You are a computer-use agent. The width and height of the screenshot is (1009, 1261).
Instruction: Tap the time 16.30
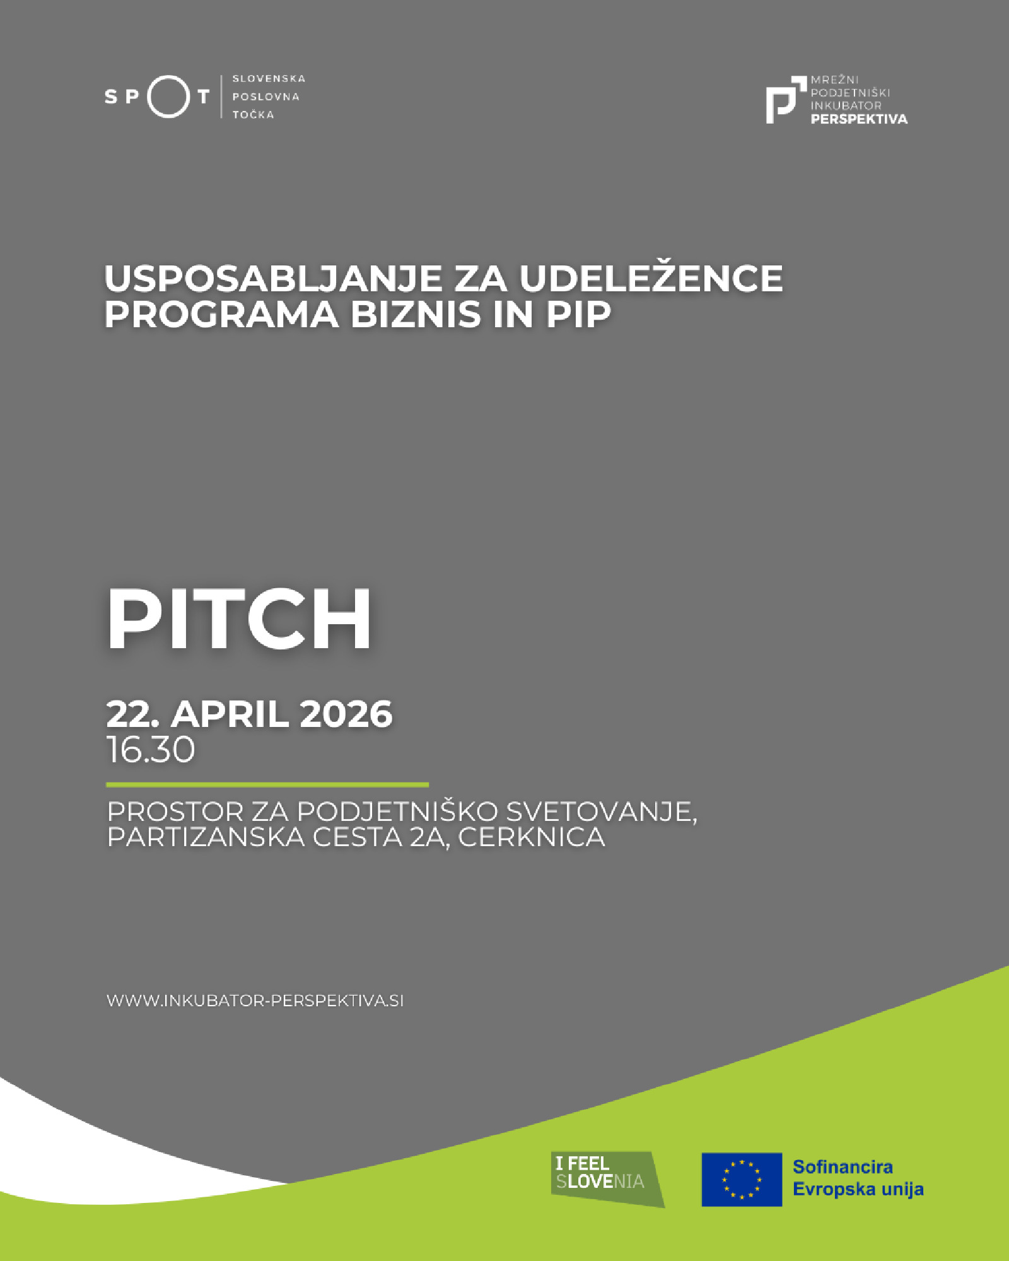point(151,750)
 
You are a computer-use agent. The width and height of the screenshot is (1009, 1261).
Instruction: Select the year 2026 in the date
point(346,714)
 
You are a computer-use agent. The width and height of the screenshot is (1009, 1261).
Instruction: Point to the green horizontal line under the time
point(267,785)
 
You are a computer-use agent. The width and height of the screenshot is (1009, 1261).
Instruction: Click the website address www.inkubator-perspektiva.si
point(255,1001)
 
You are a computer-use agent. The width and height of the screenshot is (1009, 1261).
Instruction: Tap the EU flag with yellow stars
point(742,1180)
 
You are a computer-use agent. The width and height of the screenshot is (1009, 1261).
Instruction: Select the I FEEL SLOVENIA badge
point(607,1179)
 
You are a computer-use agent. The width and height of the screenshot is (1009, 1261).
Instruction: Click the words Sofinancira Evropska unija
point(858,1178)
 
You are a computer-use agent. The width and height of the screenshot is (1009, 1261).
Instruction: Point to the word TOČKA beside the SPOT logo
point(254,115)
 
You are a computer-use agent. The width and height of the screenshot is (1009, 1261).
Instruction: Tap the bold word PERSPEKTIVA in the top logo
point(859,119)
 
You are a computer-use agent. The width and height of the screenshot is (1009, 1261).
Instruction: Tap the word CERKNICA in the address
point(532,837)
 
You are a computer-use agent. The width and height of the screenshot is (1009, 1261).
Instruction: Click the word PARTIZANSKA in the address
point(206,837)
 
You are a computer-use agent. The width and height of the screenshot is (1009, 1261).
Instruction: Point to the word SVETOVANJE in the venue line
point(601,812)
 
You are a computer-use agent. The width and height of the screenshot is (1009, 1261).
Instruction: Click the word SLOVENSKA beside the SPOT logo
point(269,79)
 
